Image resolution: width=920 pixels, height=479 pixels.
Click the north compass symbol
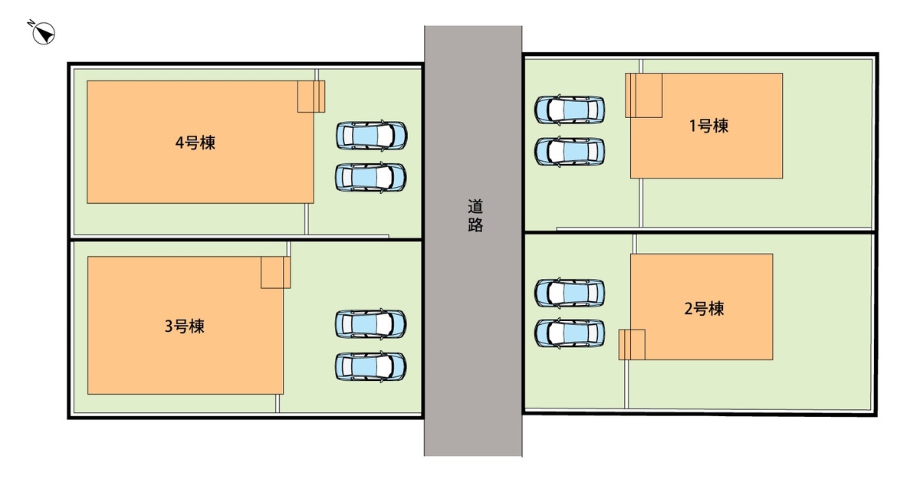pos(44,34)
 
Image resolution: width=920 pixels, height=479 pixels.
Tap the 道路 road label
pos(475,216)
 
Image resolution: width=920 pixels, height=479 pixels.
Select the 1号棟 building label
pos(708,126)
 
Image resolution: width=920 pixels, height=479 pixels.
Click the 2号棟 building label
pos(704,309)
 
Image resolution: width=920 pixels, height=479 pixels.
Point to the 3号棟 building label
pos(185,326)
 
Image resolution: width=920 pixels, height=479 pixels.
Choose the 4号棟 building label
pos(195,143)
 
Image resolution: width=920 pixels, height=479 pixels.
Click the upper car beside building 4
pos(372,135)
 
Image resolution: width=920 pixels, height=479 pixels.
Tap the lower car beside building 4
pos(371,178)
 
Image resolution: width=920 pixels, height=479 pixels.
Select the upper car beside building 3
pos(371,324)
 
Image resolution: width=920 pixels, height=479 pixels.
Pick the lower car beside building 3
pos(371,366)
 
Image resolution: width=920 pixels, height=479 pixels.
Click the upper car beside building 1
pos(570,110)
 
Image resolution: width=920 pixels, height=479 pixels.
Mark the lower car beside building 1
pos(570,152)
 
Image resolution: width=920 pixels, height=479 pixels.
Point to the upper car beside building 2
pos(570,293)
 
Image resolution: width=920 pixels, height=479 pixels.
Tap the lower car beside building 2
pos(570,333)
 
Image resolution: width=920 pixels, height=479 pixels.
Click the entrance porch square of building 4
pos(311,97)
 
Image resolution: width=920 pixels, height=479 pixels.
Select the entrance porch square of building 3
pos(275,273)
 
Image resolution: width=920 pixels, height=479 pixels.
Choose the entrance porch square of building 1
pos(643,96)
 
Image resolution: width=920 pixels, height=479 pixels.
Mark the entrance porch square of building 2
pos(632,345)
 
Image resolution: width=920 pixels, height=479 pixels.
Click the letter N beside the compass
pos(31,22)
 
